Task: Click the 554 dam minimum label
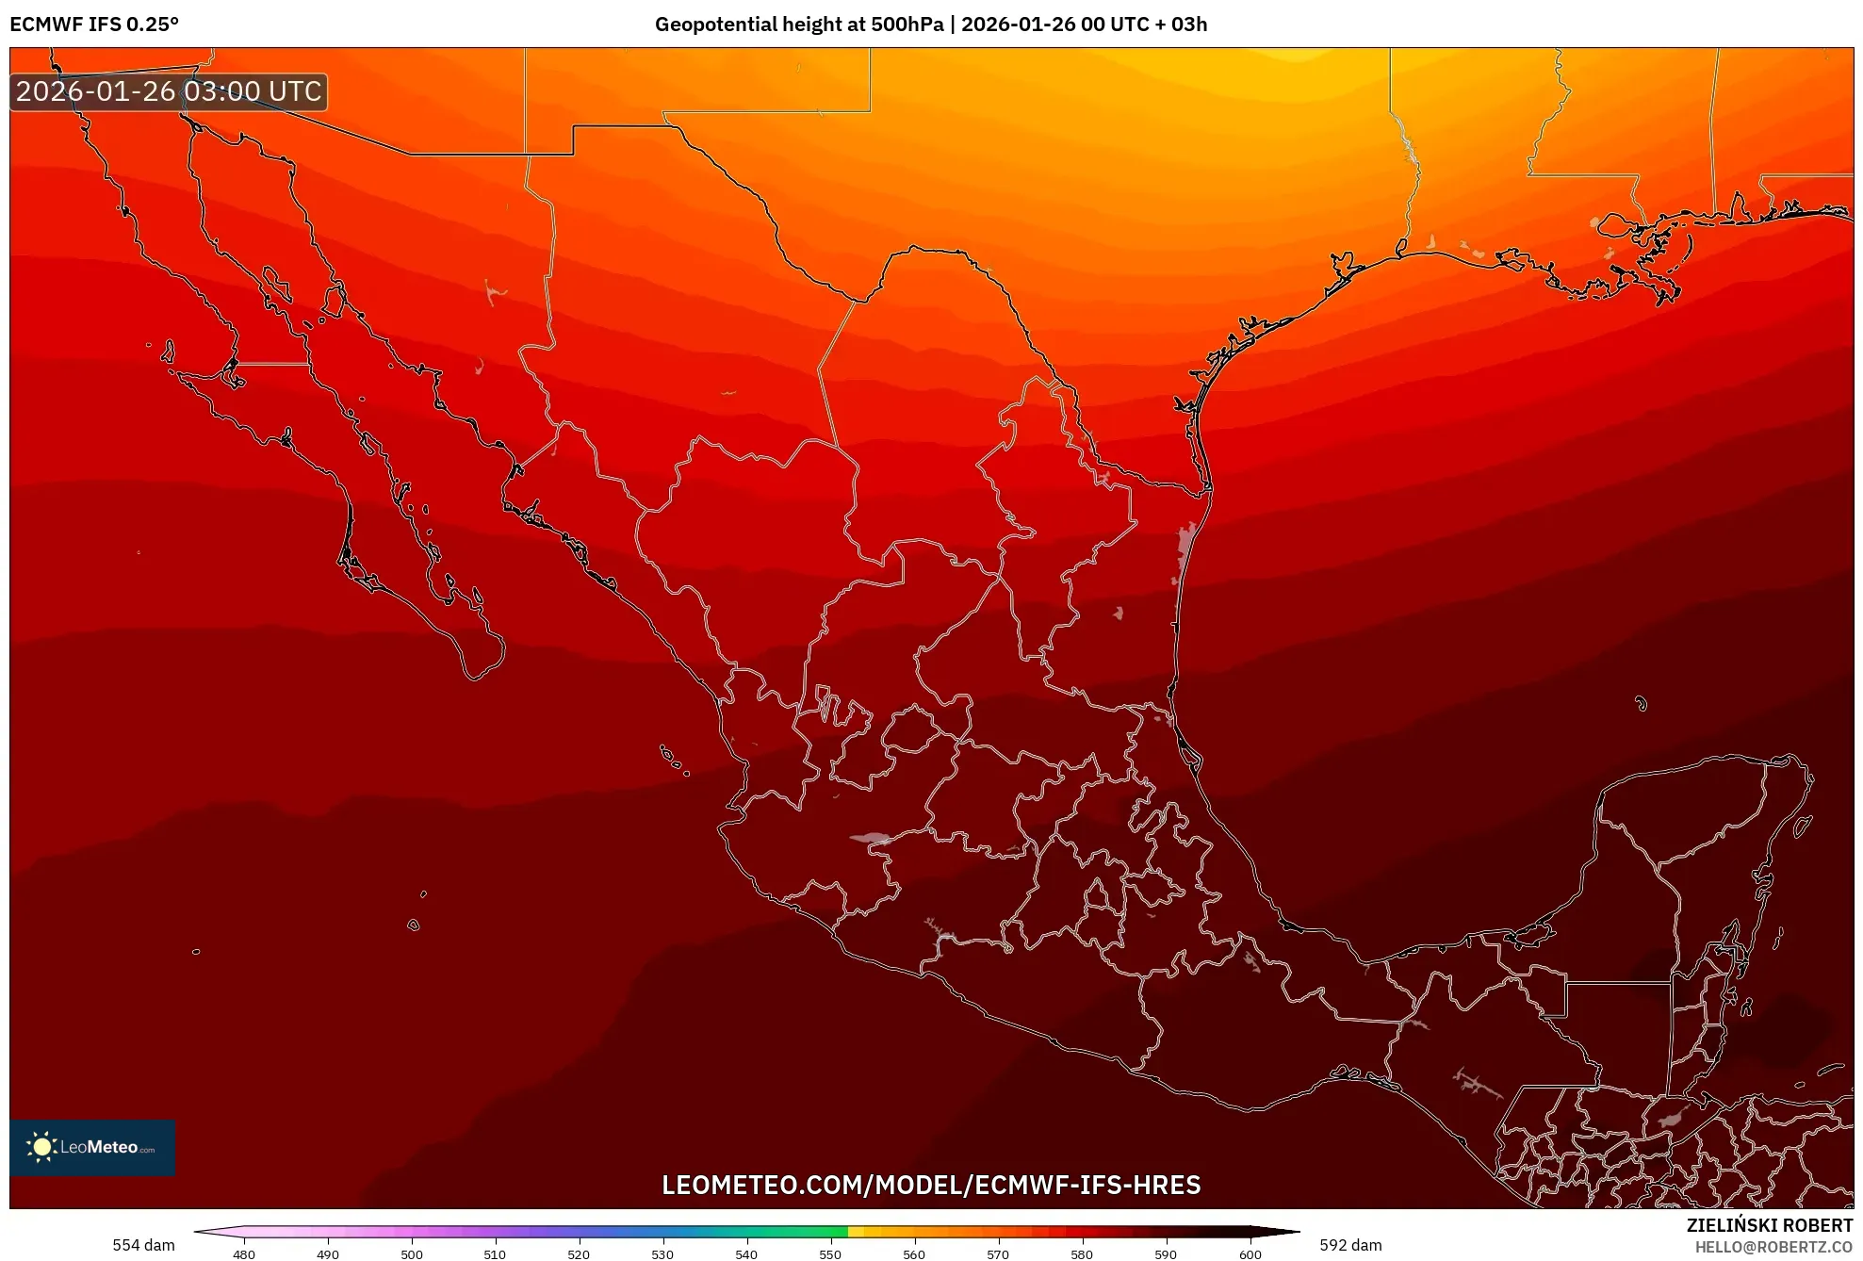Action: tap(143, 1245)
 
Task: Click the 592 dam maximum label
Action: tap(1349, 1245)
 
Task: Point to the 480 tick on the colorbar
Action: tap(244, 1253)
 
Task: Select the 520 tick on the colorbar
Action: tap(579, 1253)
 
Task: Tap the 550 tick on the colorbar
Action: tap(830, 1253)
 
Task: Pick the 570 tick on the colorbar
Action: tap(998, 1253)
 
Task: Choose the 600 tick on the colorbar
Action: tap(1250, 1253)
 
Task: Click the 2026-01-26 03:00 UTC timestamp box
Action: tap(169, 91)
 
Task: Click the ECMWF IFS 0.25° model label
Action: tap(94, 25)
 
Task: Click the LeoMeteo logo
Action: tap(92, 1147)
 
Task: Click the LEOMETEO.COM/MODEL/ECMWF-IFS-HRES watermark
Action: tap(931, 1185)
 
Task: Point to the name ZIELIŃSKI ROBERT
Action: tap(1769, 1225)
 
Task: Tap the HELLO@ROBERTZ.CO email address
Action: tap(1773, 1247)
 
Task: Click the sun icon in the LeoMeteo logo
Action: tap(41, 1146)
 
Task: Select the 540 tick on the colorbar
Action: tap(746, 1253)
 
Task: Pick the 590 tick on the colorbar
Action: tap(1166, 1253)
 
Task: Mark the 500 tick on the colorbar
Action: tap(412, 1253)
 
